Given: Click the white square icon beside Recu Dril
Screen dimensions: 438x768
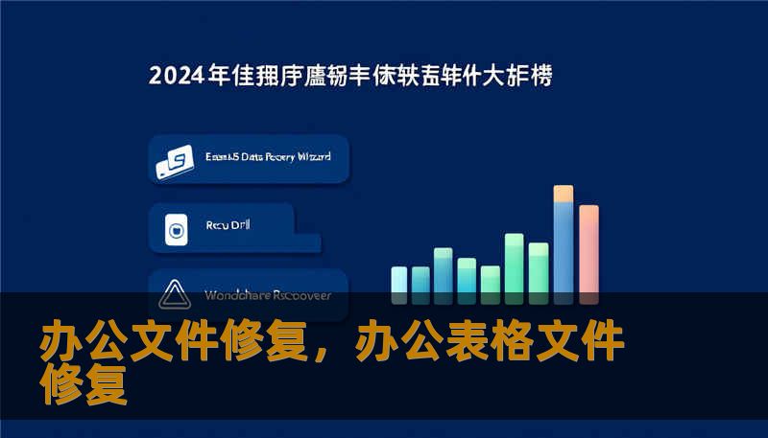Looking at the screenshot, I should pos(176,228).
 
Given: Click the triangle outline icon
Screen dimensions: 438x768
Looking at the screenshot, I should pos(176,294).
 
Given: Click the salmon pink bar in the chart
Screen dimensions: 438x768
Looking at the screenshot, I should pos(588,249).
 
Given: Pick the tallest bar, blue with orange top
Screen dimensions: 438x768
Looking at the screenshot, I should pos(564,240).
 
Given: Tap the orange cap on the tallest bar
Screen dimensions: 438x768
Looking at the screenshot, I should pos(564,194).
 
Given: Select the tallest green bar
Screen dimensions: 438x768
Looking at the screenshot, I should pos(514,263).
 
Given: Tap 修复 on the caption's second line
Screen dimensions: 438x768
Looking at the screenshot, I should pos(84,384).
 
